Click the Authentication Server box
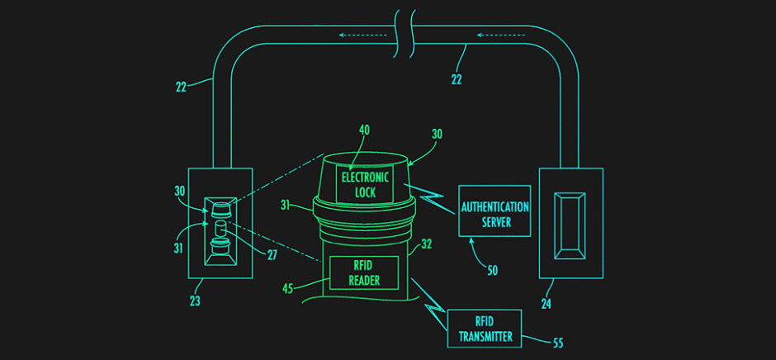(495, 211)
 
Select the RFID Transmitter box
(484, 328)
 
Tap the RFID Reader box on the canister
(364, 272)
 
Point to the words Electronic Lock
(364, 183)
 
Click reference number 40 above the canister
(365, 129)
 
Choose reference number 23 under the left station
(195, 301)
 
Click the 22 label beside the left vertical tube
(182, 85)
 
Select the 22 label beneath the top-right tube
(457, 79)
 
